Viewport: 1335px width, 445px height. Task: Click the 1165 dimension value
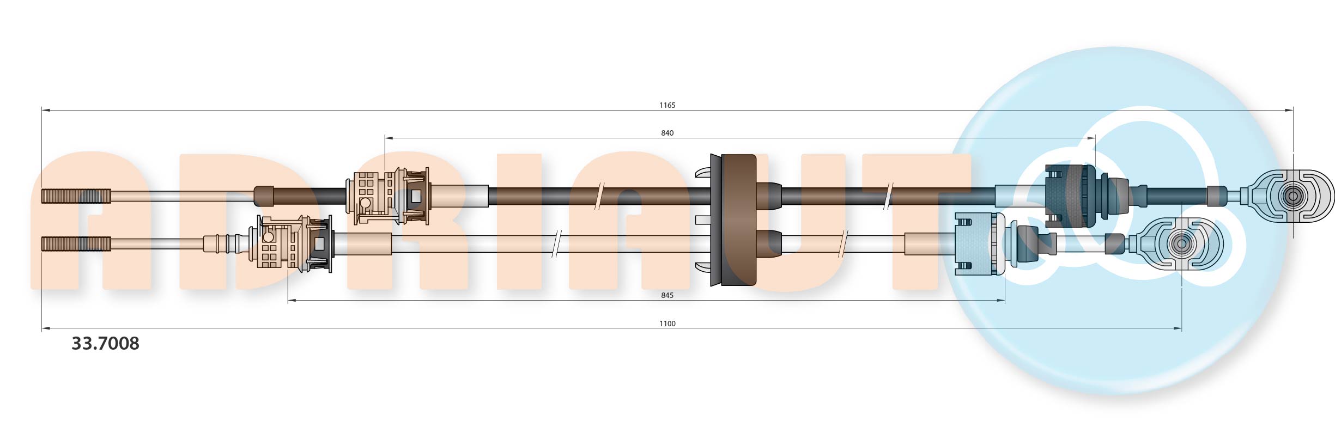coord(667,105)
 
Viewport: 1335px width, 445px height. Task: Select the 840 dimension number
coord(667,133)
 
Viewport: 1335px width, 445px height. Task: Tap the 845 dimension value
coord(667,295)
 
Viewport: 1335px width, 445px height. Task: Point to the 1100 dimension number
coord(667,324)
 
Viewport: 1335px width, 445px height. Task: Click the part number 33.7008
coord(105,343)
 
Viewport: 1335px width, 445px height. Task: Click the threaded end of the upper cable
coord(76,196)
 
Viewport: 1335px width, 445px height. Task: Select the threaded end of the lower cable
coord(76,244)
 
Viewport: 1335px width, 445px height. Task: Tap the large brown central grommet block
coord(733,220)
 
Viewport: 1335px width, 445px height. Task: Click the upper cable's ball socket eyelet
coord(1292,196)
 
